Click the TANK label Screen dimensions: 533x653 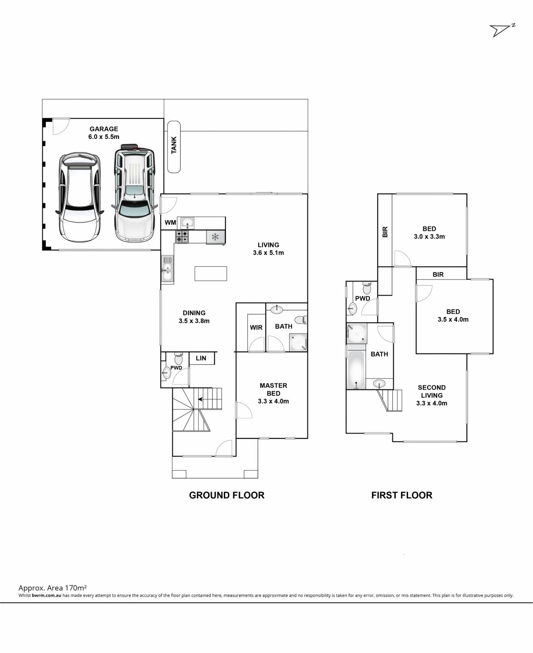174,145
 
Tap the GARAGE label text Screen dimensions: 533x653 104,129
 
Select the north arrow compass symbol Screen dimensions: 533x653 502,30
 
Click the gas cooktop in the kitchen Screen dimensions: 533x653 182,236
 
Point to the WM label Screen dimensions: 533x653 170,222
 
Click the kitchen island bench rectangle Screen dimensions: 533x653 211,274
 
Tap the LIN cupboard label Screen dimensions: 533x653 201,358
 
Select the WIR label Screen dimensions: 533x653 256,327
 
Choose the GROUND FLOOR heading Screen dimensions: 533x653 227,495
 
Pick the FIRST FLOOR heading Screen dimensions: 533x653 401,495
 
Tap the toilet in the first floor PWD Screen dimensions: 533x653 367,288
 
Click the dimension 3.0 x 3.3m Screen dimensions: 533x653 429,236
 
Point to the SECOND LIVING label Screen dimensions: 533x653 432,391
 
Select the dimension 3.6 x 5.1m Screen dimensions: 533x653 268,252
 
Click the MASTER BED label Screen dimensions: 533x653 273,390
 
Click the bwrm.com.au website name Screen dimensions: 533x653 47,596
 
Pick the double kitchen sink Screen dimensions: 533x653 167,269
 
